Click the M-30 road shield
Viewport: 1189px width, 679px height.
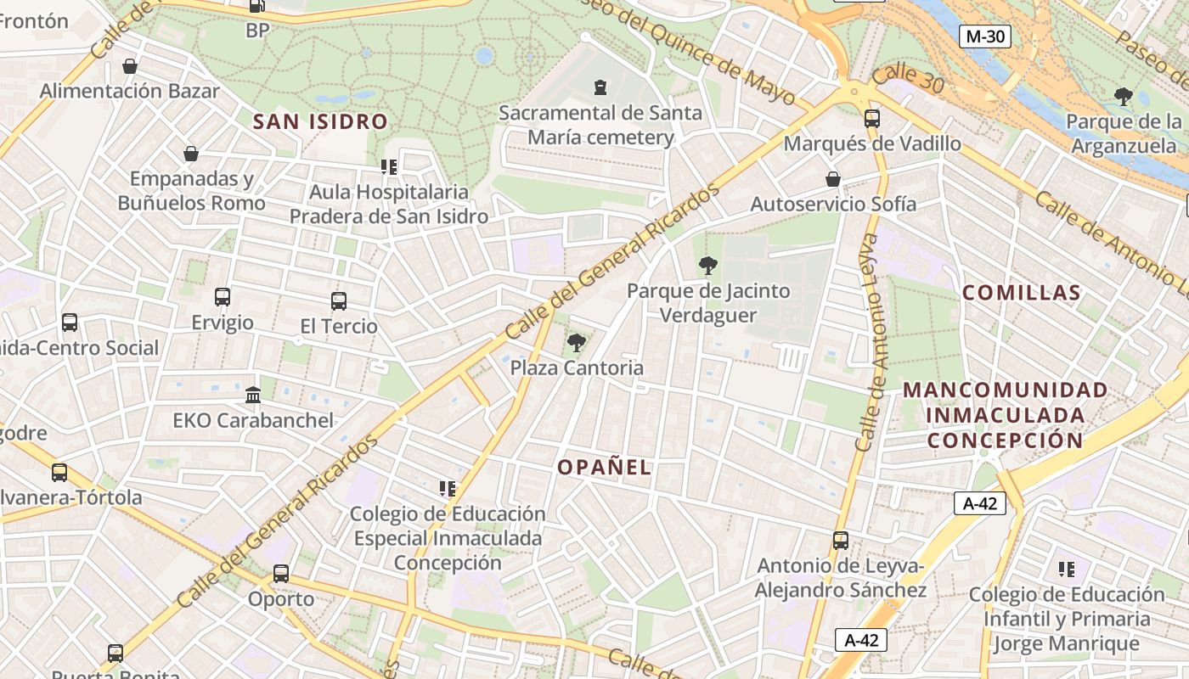point(985,36)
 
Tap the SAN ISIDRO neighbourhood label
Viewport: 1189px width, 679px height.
point(320,121)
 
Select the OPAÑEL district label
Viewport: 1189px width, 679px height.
point(605,467)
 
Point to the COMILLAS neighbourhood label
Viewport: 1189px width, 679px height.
point(1022,293)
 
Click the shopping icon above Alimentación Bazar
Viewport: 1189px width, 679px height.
point(130,66)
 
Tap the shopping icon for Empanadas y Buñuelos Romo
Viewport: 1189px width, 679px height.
point(191,154)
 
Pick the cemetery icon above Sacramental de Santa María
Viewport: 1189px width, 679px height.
point(600,87)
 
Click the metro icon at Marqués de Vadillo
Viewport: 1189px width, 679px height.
point(871,119)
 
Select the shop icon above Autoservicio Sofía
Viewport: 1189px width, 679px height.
point(833,179)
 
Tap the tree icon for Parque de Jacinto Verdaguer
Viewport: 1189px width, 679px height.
point(707,266)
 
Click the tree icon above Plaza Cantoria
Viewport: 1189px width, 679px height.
point(577,343)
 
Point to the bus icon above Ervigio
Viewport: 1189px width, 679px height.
point(223,297)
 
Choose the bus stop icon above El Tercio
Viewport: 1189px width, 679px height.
point(339,300)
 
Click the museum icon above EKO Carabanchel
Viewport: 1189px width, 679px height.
point(253,395)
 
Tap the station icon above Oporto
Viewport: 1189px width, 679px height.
point(281,574)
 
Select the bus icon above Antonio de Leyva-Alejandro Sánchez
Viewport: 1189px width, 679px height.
point(841,541)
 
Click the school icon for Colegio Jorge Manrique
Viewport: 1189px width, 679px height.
point(1066,569)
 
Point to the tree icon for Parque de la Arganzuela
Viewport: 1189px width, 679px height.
point(1124,97)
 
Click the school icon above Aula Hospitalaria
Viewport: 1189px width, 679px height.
point(389,167)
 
